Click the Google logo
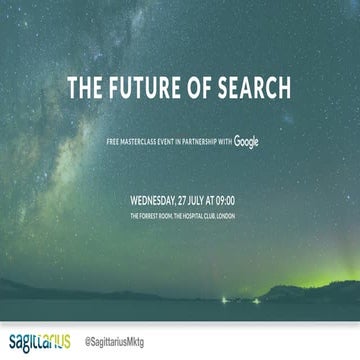(247, 144)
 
